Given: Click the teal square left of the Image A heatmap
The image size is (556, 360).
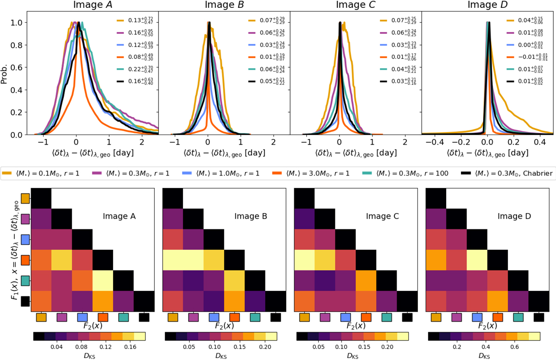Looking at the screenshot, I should (x=25, y=280).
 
